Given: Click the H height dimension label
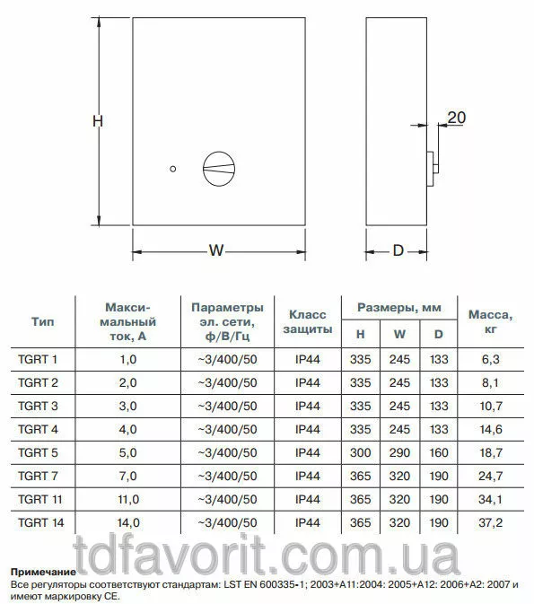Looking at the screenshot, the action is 98,121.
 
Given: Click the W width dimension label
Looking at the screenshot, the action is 216,250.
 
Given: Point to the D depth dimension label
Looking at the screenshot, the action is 398,250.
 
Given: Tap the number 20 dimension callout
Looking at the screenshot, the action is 457,118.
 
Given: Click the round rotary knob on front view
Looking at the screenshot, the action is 219,169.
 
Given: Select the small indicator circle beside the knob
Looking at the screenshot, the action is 173,169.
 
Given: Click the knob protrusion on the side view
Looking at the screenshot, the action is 433,169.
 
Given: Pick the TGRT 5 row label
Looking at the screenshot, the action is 38,452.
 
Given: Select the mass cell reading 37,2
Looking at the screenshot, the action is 490,522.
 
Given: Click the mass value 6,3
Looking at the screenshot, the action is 490,359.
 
